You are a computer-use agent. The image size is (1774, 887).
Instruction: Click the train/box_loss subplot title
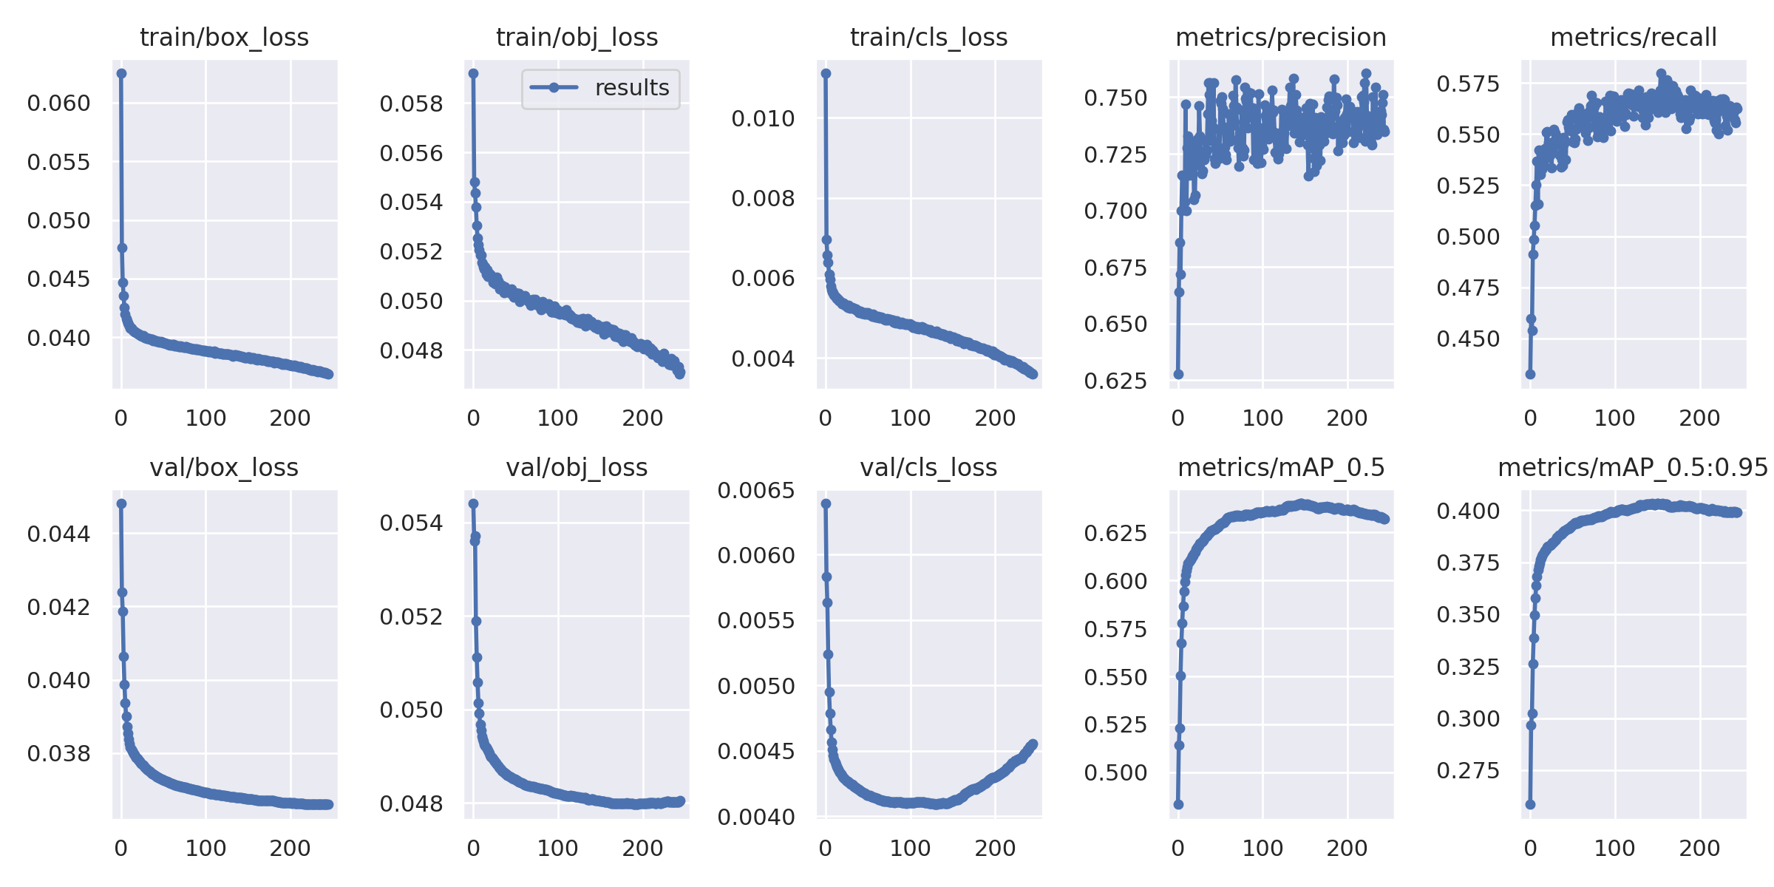tap(224, 37)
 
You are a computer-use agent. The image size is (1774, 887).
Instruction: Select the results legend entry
tap(600, 88)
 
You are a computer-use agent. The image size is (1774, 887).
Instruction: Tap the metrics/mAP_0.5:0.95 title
tap(1633, 468)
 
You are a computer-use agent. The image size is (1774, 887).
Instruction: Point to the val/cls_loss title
tap(928, 468)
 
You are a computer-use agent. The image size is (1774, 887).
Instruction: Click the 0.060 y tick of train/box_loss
tap(58, 103)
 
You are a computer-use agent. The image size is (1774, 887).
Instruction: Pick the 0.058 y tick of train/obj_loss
tap(411, 104)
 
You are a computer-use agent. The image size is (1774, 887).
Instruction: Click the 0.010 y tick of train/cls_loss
tap(763, 118)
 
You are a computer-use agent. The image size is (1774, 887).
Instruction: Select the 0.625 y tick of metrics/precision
tap(1115, 381)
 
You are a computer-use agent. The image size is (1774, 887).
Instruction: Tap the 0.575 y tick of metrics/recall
tap(1468, 84)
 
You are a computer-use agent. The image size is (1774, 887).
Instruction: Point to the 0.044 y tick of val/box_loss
tap(58, 534)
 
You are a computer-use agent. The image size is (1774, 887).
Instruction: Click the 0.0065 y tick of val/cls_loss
tap(756, 491)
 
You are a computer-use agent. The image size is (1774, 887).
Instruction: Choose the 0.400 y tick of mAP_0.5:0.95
tap(1468, 511)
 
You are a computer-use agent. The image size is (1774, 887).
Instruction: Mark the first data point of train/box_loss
tap(121, 73)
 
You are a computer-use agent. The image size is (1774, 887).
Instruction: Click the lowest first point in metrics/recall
tap(1530, 374)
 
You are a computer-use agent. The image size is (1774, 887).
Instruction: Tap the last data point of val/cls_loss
tap(1033, 744)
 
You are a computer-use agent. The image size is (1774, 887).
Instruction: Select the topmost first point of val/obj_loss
tap(473, 503)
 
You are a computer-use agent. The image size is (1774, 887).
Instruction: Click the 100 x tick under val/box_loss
tap(205, 849)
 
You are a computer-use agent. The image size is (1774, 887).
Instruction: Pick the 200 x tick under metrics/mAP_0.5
tap(1347, 849)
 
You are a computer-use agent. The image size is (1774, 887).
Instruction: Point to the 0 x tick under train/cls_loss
tap(826, 418)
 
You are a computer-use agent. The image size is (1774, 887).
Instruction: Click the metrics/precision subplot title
tap(1281, 37)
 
